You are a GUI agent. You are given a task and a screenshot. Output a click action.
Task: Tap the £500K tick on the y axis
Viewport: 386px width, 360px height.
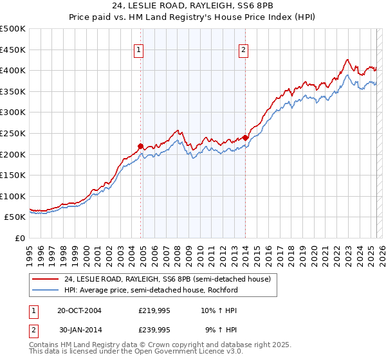coord(13,29)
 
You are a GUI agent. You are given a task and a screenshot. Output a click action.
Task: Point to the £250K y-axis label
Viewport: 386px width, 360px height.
coord(13,133)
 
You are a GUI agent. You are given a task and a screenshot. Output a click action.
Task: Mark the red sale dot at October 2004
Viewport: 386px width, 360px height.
coord(141,146)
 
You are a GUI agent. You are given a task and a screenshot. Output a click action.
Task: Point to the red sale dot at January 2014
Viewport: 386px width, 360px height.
coord(246,138)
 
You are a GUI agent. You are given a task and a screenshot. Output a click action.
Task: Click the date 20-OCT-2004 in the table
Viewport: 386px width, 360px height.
coord(79,310)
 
